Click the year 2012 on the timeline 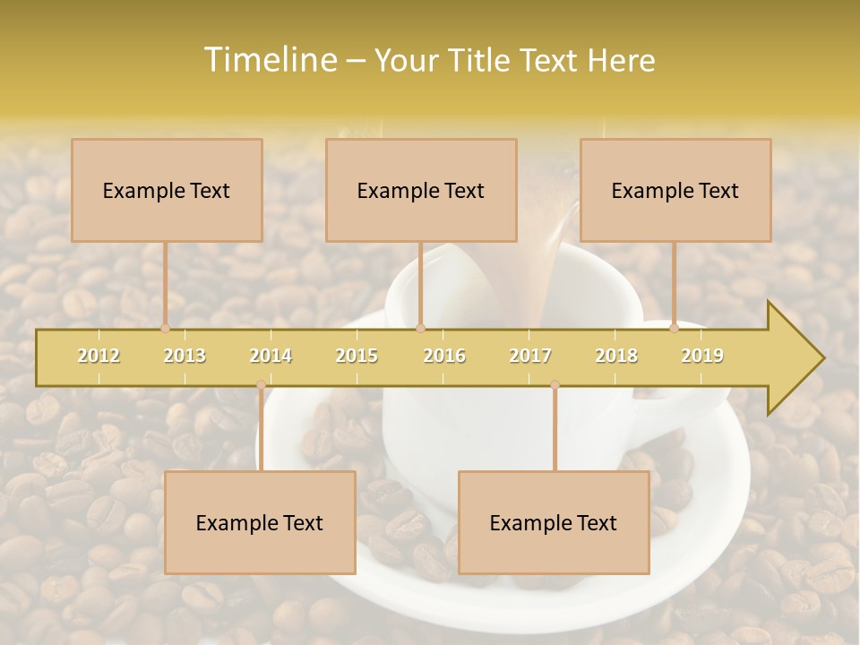(x=99, y=356)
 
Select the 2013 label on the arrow (x=185, y=356)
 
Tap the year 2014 (x=271, y=356)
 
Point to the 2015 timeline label (x=357, y=356)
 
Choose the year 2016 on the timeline (x=444, y=356)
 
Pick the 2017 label (x=530, y=356)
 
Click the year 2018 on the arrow (x=616, y=356)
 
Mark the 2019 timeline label (x=702, y=356)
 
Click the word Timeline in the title (x=269, y=60)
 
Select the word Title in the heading (x=481, y=60)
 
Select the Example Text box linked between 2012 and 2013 (x=167, y=190)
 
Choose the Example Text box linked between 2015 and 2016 (x=421, y=190)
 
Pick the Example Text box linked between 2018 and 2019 (x=675, y=190)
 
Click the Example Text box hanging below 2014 (x=260, y=522)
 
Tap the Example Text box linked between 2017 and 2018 (x=554, y=522)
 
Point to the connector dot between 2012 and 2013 (x=165, y=328)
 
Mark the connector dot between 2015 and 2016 (x=420, y=328)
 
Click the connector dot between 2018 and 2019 (x=675, y=328)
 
